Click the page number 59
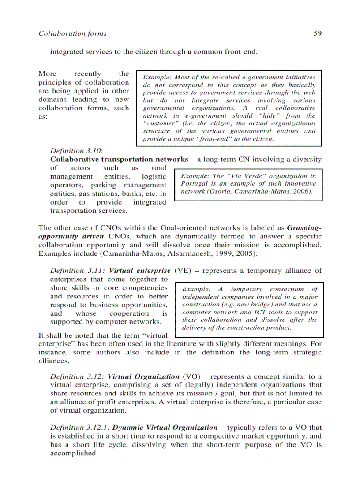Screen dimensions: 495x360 point(317,33)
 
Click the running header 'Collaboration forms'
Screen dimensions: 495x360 point(72,33)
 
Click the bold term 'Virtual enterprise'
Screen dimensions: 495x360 point(139,271)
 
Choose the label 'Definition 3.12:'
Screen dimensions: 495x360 point(78,376)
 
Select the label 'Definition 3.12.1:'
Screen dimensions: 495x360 point(80,428)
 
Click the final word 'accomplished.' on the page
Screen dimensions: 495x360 point(74,453)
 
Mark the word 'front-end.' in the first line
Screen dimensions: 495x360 point(241,52)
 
